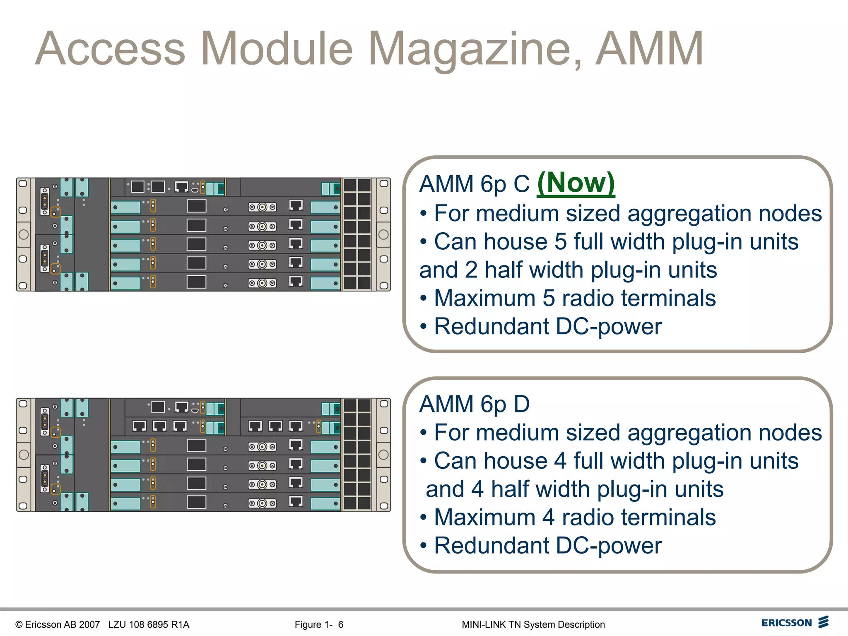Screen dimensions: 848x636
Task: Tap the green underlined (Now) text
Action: pos(576,183)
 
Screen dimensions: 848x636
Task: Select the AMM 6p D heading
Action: pos(475,404)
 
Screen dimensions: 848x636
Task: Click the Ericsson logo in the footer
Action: pos(795,622)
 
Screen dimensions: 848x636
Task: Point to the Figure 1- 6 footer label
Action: pos(319,624)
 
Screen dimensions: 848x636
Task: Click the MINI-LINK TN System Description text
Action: pos(533,624)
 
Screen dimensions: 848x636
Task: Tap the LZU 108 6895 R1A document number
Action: pos(149,624)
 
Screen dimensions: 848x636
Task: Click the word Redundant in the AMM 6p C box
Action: pos(491,326)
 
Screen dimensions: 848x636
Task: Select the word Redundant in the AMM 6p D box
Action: pos(491,545)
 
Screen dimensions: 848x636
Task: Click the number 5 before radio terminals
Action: pos(549,298)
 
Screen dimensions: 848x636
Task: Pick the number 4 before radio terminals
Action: pos(549,517)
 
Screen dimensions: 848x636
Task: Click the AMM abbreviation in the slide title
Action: pos(649,49)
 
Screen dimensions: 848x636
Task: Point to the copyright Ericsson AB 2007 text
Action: pos(58,624)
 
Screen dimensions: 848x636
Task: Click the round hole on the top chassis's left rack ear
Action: pos(24,234)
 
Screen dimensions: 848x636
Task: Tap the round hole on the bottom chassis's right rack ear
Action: pos(384,455)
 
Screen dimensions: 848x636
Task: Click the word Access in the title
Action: pos(110,49)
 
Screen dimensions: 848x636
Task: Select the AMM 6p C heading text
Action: pos(475,184)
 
